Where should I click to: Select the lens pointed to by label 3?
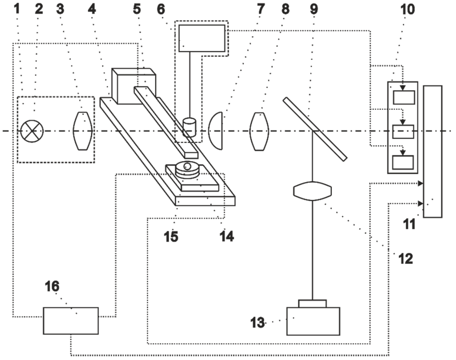point(83,131)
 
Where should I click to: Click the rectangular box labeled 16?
point(70,320)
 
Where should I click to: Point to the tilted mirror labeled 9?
point(314,129)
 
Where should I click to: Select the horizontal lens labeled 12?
point(313,190)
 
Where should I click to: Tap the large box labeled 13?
point(313,321)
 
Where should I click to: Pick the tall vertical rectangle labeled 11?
point(432,151)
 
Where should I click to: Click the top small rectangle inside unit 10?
point(403,97)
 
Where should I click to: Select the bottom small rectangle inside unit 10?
point(403,162)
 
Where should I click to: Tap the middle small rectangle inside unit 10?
point(403,132)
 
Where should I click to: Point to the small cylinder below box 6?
point(190,126)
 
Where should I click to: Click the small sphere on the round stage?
point(187,166)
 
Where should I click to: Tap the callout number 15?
point(171,237)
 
